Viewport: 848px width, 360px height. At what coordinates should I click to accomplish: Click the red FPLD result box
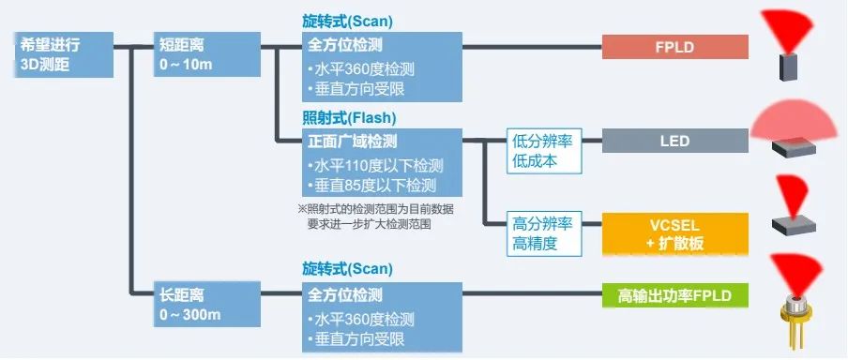point(674,46)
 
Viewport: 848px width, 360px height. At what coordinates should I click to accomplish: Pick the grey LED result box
point(674,142)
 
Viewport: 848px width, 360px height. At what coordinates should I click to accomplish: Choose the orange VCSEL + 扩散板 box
point(674,233)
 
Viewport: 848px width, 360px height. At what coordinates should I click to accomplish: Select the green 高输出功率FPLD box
point(674,297)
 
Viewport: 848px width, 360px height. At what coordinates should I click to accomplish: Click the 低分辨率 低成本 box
point(543,150)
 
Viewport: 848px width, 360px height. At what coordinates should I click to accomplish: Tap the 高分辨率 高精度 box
point(543,233)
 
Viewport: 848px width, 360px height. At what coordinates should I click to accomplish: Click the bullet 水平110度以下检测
point(371,165)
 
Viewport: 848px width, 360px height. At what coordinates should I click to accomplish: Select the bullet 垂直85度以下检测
point(371,185)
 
